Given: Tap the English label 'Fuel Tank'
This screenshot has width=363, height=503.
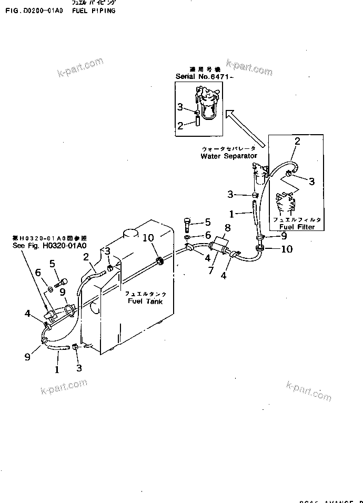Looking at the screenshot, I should tap(145, 301).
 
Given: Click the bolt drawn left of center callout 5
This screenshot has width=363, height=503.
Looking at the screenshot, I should tap(188, 225).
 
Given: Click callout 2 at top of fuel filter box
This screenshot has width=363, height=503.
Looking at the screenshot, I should tap(297, 142).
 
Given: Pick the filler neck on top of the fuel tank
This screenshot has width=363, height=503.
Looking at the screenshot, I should tap(129, 234).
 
